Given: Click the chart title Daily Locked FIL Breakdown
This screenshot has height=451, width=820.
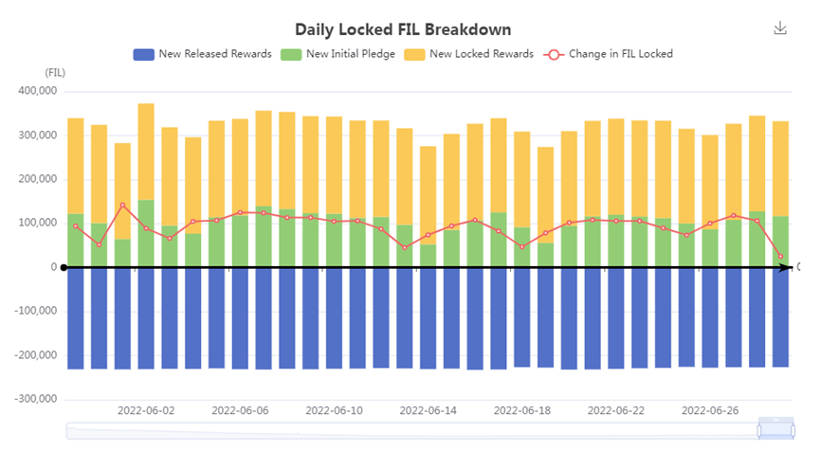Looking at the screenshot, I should [x=410, y=29].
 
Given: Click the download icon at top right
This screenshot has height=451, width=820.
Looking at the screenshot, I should [x=780, y=28].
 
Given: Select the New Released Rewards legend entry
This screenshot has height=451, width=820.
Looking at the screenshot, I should [x=203, y=54].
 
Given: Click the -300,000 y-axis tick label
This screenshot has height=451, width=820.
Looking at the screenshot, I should [x=31, y=399].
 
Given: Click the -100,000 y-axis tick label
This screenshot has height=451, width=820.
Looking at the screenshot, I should [x=31, y=312].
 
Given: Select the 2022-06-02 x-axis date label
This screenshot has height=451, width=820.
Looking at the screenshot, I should [x=146, y=411].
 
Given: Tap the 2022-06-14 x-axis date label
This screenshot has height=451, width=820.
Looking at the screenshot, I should [x=428, y=411].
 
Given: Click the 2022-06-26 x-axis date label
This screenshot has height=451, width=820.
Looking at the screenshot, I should [x=711, y=411].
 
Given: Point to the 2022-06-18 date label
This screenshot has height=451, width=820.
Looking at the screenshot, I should [x=522, y=411].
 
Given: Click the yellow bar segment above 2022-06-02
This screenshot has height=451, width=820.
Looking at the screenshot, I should [x=146, y=152].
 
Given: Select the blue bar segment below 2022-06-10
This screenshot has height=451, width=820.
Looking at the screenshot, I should [x=335, y=317].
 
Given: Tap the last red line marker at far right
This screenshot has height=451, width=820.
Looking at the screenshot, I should [x=781, y=257].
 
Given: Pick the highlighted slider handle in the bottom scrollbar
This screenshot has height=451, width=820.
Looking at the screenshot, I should [x=774, y=430].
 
